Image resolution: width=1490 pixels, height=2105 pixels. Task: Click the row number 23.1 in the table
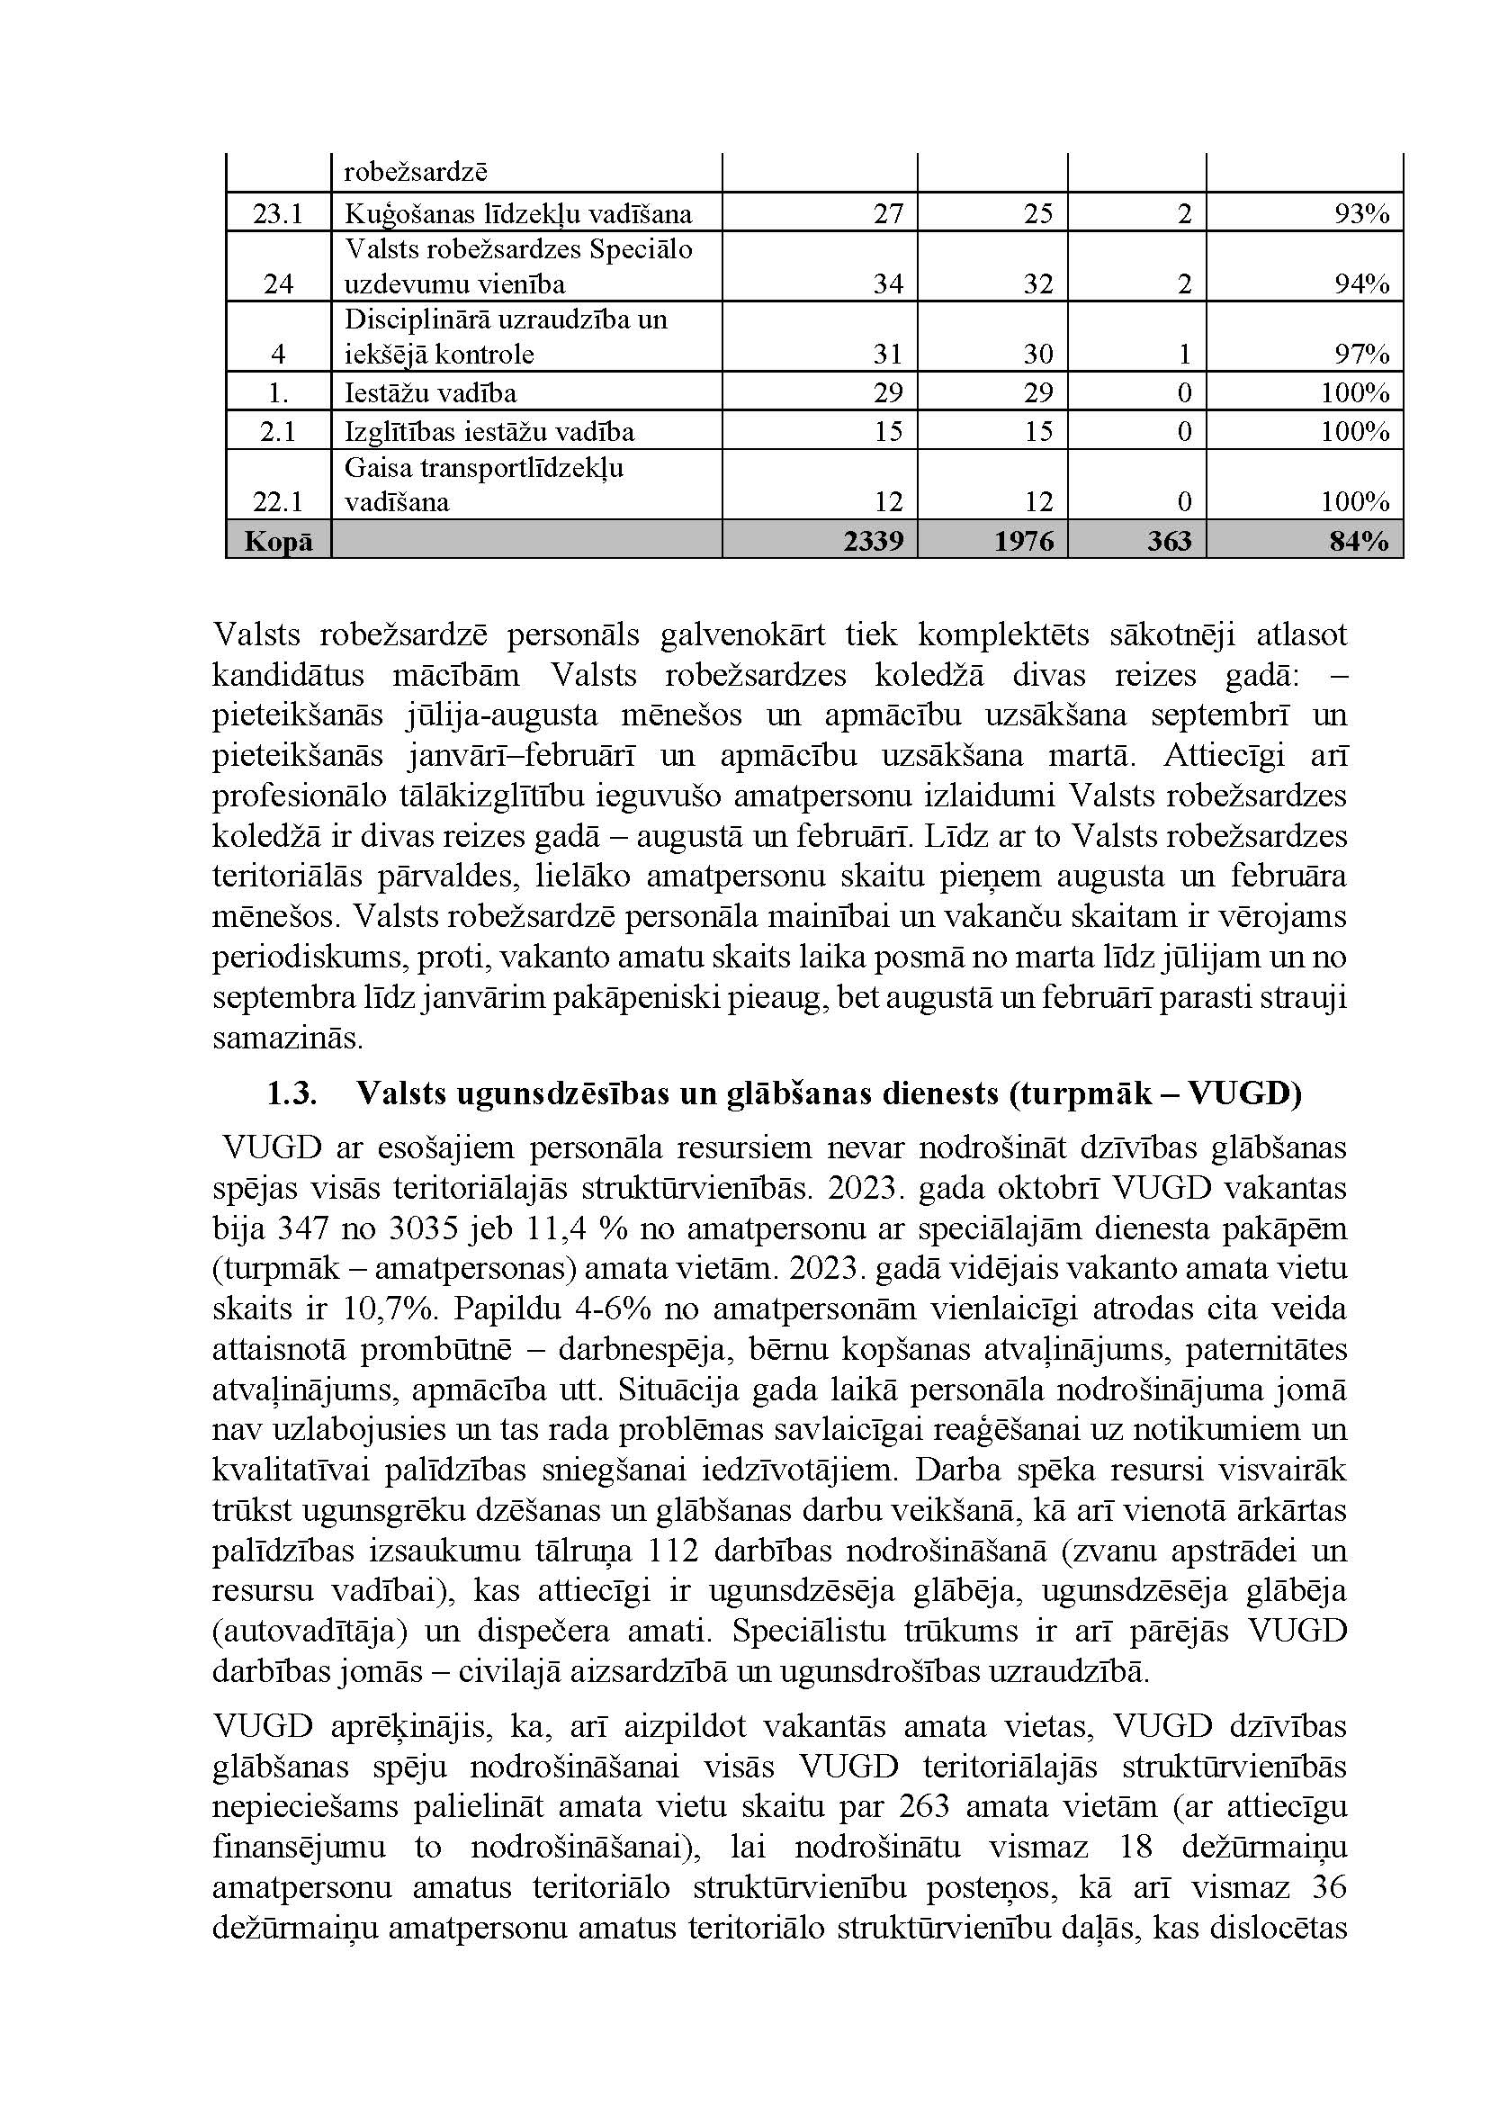278,214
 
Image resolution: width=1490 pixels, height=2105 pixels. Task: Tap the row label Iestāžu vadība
430,392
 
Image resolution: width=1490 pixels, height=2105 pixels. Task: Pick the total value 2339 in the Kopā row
874,541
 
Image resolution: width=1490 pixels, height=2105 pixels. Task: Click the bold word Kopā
278,541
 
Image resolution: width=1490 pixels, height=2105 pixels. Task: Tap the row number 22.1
278,501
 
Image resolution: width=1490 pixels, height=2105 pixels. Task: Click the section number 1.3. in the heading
292,1093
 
